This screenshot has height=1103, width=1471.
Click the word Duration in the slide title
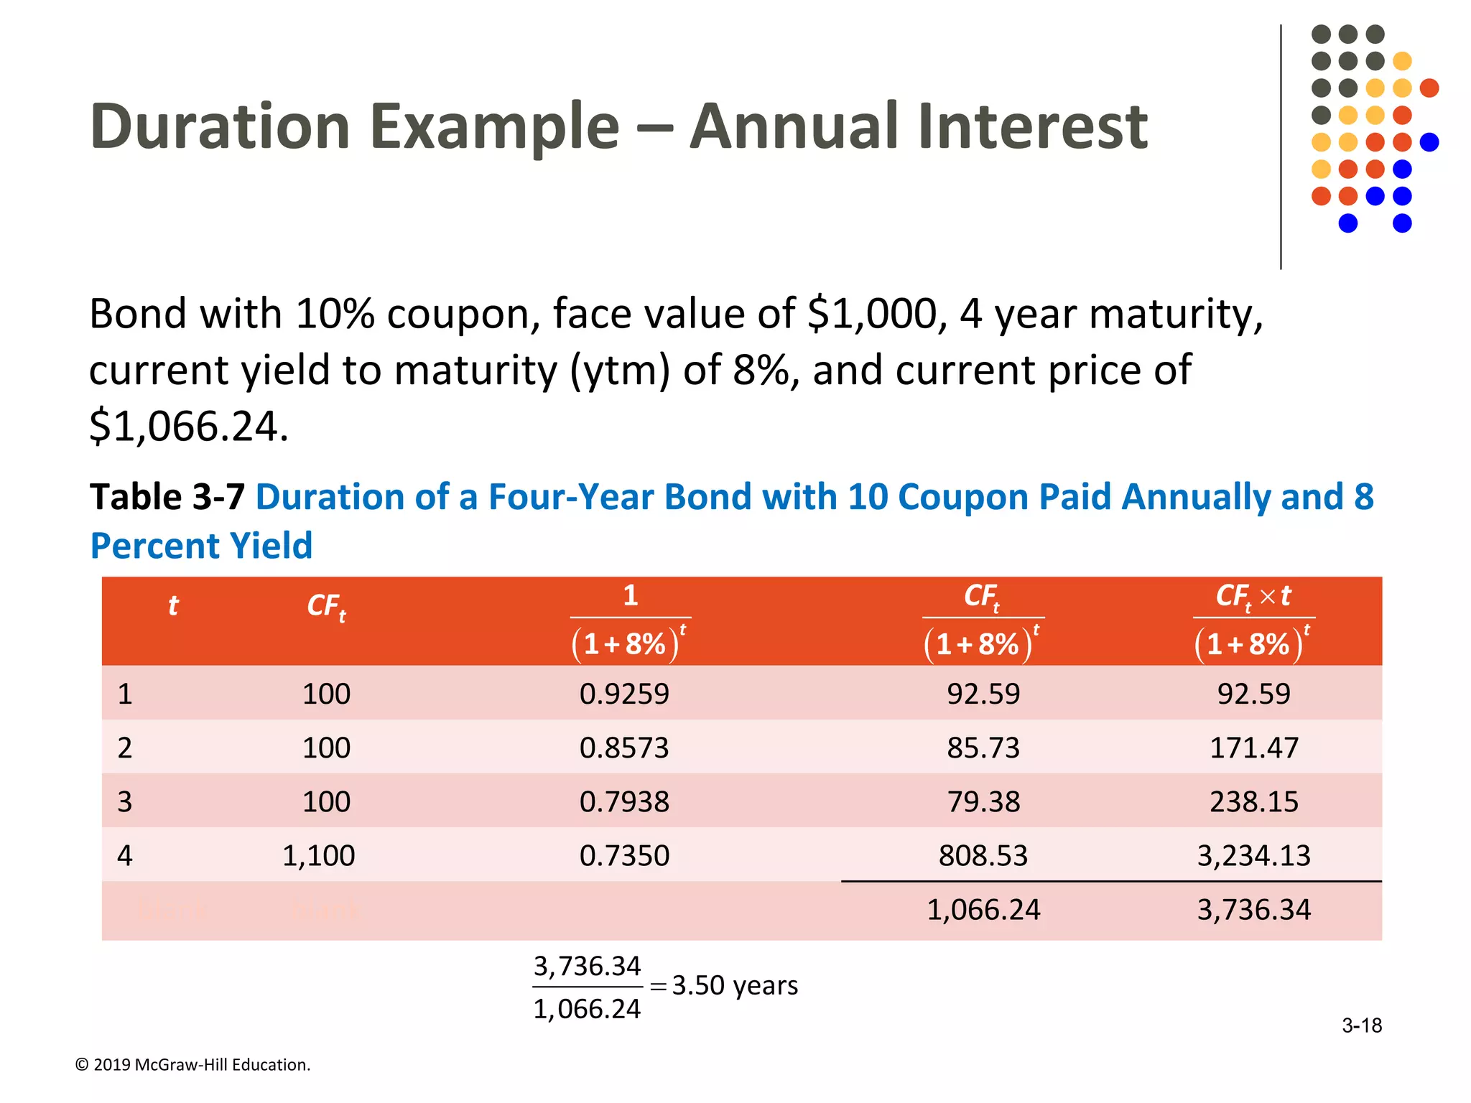coord(220,127)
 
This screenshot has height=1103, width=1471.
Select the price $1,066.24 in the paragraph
coord(188,426)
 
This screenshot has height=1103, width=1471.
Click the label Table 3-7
coord(167,497)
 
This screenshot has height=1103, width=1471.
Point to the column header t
coord(172,605)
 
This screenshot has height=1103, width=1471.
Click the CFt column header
coord(326,607)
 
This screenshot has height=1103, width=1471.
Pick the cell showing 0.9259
coord(623,694)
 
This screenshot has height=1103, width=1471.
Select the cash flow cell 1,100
coord(318,855)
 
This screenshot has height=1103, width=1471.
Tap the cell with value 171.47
coord(1253,748)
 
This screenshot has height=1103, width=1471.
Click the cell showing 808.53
coord(983,855)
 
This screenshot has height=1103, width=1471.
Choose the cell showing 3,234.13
coord(1253,855)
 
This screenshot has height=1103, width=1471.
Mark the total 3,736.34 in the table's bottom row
coord(1253,910)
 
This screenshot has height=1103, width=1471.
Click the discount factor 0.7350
coord(623,855)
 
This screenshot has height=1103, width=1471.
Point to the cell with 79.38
coord(983,801)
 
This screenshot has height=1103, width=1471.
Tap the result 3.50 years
coord(734,985)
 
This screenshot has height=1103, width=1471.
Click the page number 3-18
coord(1361,1025)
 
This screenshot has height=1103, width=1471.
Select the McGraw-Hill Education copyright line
coord(192,1064)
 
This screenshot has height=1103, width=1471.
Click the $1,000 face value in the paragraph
coord(873,315)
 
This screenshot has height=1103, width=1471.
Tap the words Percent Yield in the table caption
coord(201,546)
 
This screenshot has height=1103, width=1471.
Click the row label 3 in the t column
coord(125,801)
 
